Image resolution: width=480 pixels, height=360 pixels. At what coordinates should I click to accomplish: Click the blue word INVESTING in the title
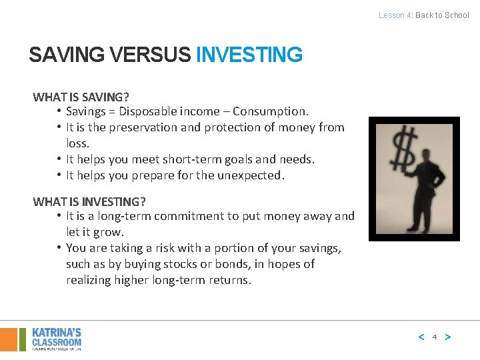tap(249, 55)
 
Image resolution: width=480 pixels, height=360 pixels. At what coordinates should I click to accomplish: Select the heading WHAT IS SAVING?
tap(81, 97)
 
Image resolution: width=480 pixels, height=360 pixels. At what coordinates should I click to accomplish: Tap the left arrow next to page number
tap(421, 337)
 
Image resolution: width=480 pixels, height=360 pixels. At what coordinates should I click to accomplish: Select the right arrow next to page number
tap(447, 337)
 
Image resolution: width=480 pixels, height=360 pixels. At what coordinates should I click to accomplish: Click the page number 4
tap(434, 337)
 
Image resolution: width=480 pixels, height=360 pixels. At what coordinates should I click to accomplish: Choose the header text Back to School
tap(442, 15)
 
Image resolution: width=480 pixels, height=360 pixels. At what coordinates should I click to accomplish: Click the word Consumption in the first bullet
tap(274, 111)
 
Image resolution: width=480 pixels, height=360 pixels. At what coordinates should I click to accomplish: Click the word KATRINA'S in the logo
tap(57, 332)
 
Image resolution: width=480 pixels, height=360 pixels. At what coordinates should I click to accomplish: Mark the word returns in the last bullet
tap(231, 280)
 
